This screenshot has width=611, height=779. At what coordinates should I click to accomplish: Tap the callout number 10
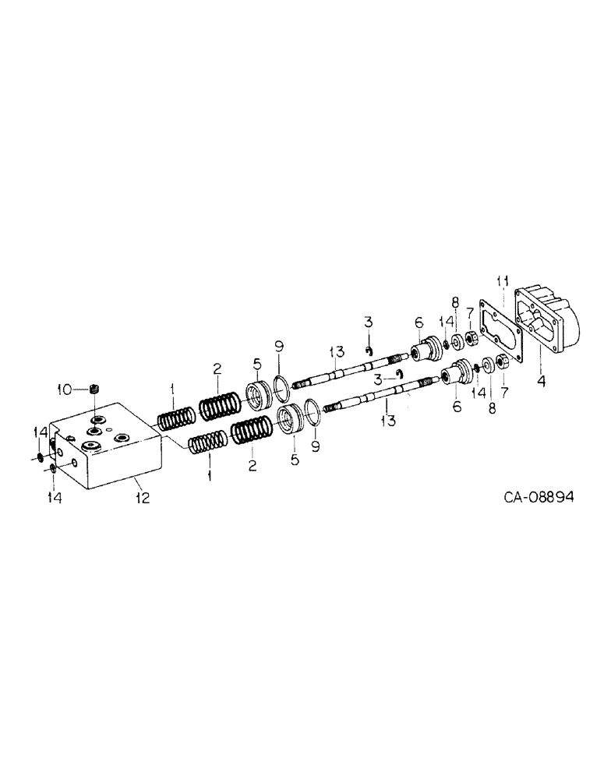[x=66, y=388]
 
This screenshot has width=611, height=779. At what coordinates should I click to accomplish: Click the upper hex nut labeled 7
[x=471, y=338]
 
